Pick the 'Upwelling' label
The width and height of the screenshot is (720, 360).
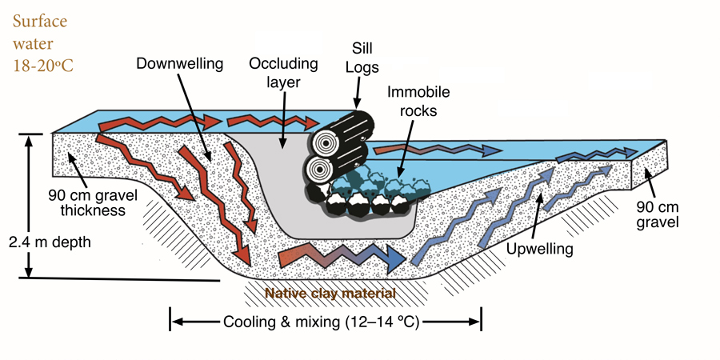tap(540, 249)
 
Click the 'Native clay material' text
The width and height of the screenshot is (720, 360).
tap(330, 294)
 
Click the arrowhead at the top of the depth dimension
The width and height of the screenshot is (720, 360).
tap(28, 138)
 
